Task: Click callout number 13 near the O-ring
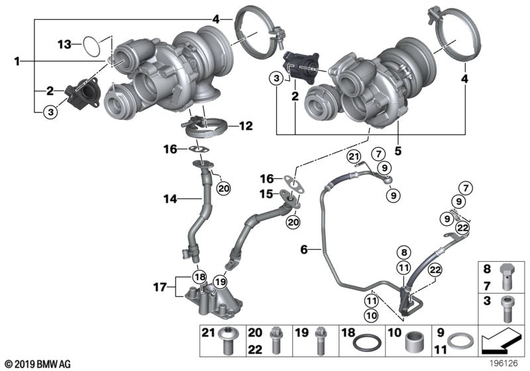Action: pos(64,44)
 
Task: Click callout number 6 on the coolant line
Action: pos(304,249)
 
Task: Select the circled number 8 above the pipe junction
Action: pos(403,252)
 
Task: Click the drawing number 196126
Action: pos(504,362)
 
